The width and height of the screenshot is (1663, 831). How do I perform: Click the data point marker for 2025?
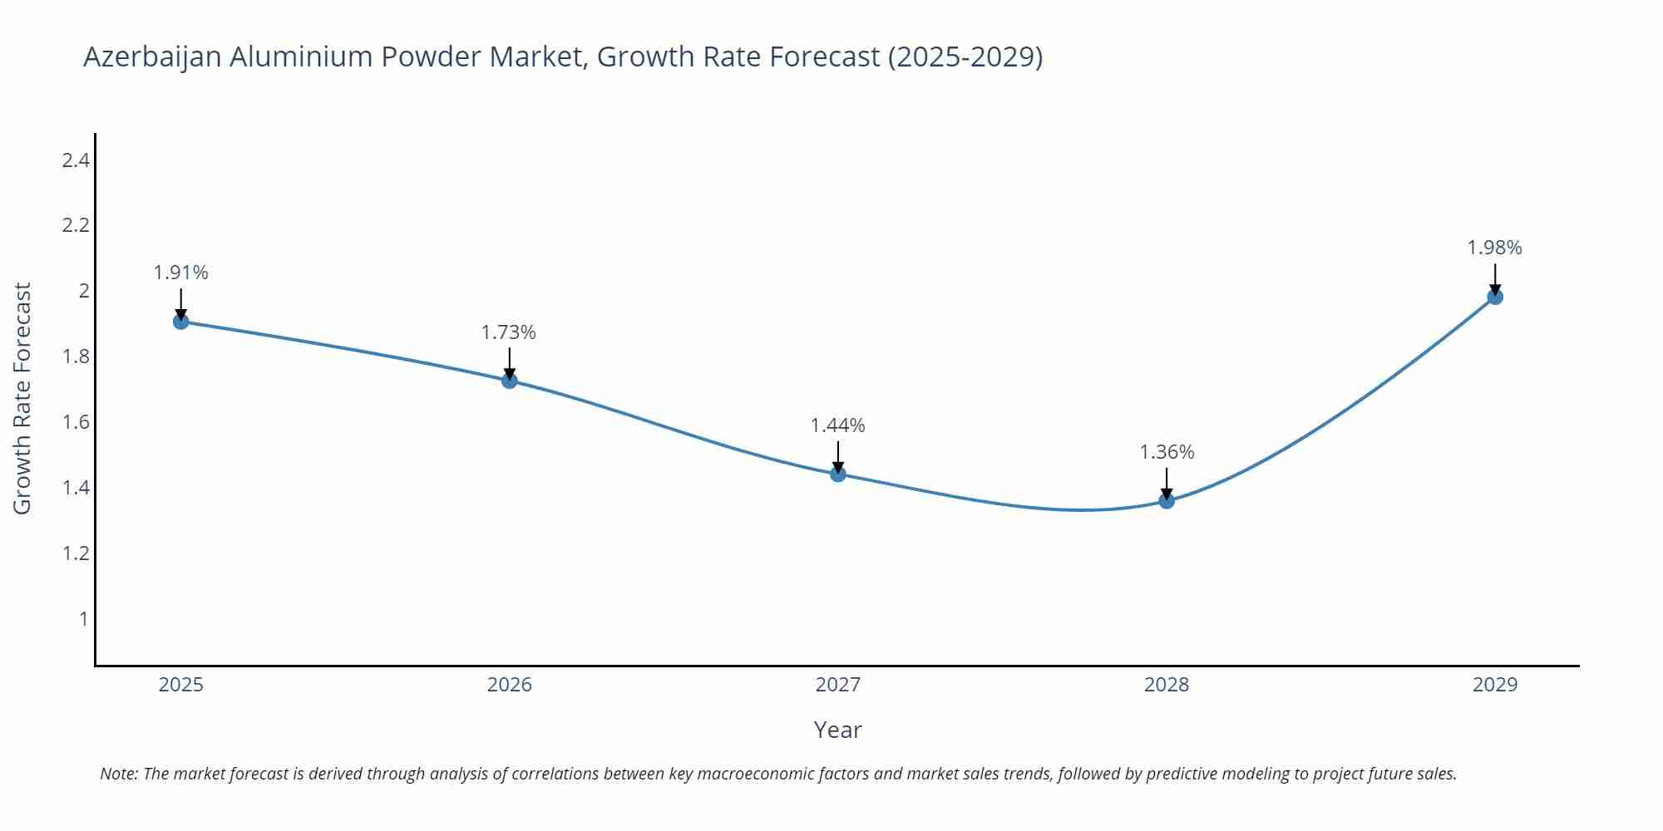click(181, 322)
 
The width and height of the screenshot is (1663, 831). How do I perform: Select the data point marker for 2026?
click(510, 381)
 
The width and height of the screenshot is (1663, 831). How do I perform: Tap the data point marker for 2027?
click(838, 475)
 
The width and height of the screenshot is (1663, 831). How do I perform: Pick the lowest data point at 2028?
click(1167, 501)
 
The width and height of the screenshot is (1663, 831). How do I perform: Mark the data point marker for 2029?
click(1495, 297)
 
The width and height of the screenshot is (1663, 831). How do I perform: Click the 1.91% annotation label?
click(181, 273)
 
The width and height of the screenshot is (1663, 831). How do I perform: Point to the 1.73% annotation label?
click(509, 332)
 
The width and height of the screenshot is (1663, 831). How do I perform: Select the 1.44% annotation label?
click(838, 425)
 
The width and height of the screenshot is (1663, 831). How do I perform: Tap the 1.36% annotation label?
click(1167, 452)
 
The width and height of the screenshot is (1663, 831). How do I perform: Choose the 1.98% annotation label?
click(1494, 248)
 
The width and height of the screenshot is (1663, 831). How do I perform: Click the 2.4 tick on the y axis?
click(76, 160)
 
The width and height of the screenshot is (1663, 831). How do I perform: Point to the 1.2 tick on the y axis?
click(76, 553)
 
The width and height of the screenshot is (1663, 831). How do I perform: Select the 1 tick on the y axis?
click(83, 619)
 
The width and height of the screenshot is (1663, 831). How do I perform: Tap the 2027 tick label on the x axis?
click(838, 685)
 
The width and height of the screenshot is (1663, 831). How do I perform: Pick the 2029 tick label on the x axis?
click(1495, 685)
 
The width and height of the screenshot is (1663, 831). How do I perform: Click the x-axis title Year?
click(837, 730)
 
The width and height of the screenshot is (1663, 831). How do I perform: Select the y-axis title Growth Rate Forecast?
click(22, 398)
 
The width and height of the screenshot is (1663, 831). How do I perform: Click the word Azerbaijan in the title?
click(152, 57)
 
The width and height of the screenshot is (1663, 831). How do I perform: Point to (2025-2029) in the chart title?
click(965, 57)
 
